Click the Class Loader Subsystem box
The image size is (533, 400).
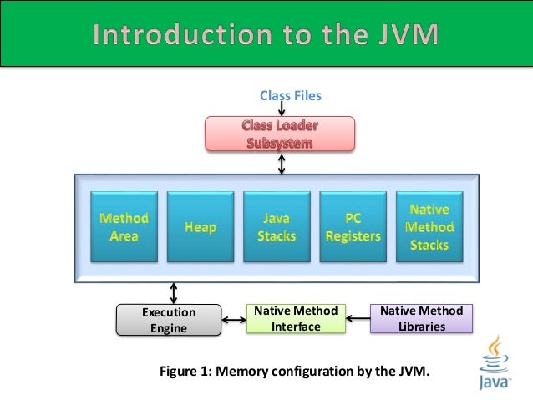(x=281, y=134)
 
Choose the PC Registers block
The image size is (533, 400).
(x=352, y=226)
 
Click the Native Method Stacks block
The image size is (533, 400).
(x=429, y=226)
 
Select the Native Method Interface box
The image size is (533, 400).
(x=296, y=319)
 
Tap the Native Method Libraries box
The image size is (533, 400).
(x=422, y=319)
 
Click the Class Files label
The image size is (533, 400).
(x=290, y=96)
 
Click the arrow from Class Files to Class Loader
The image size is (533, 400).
(x=282, y=109)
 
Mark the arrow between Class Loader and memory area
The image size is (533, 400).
(x=282, y=163)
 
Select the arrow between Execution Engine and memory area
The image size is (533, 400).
(x=174, y=292)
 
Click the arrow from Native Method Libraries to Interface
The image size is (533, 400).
(x=358, y=317)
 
